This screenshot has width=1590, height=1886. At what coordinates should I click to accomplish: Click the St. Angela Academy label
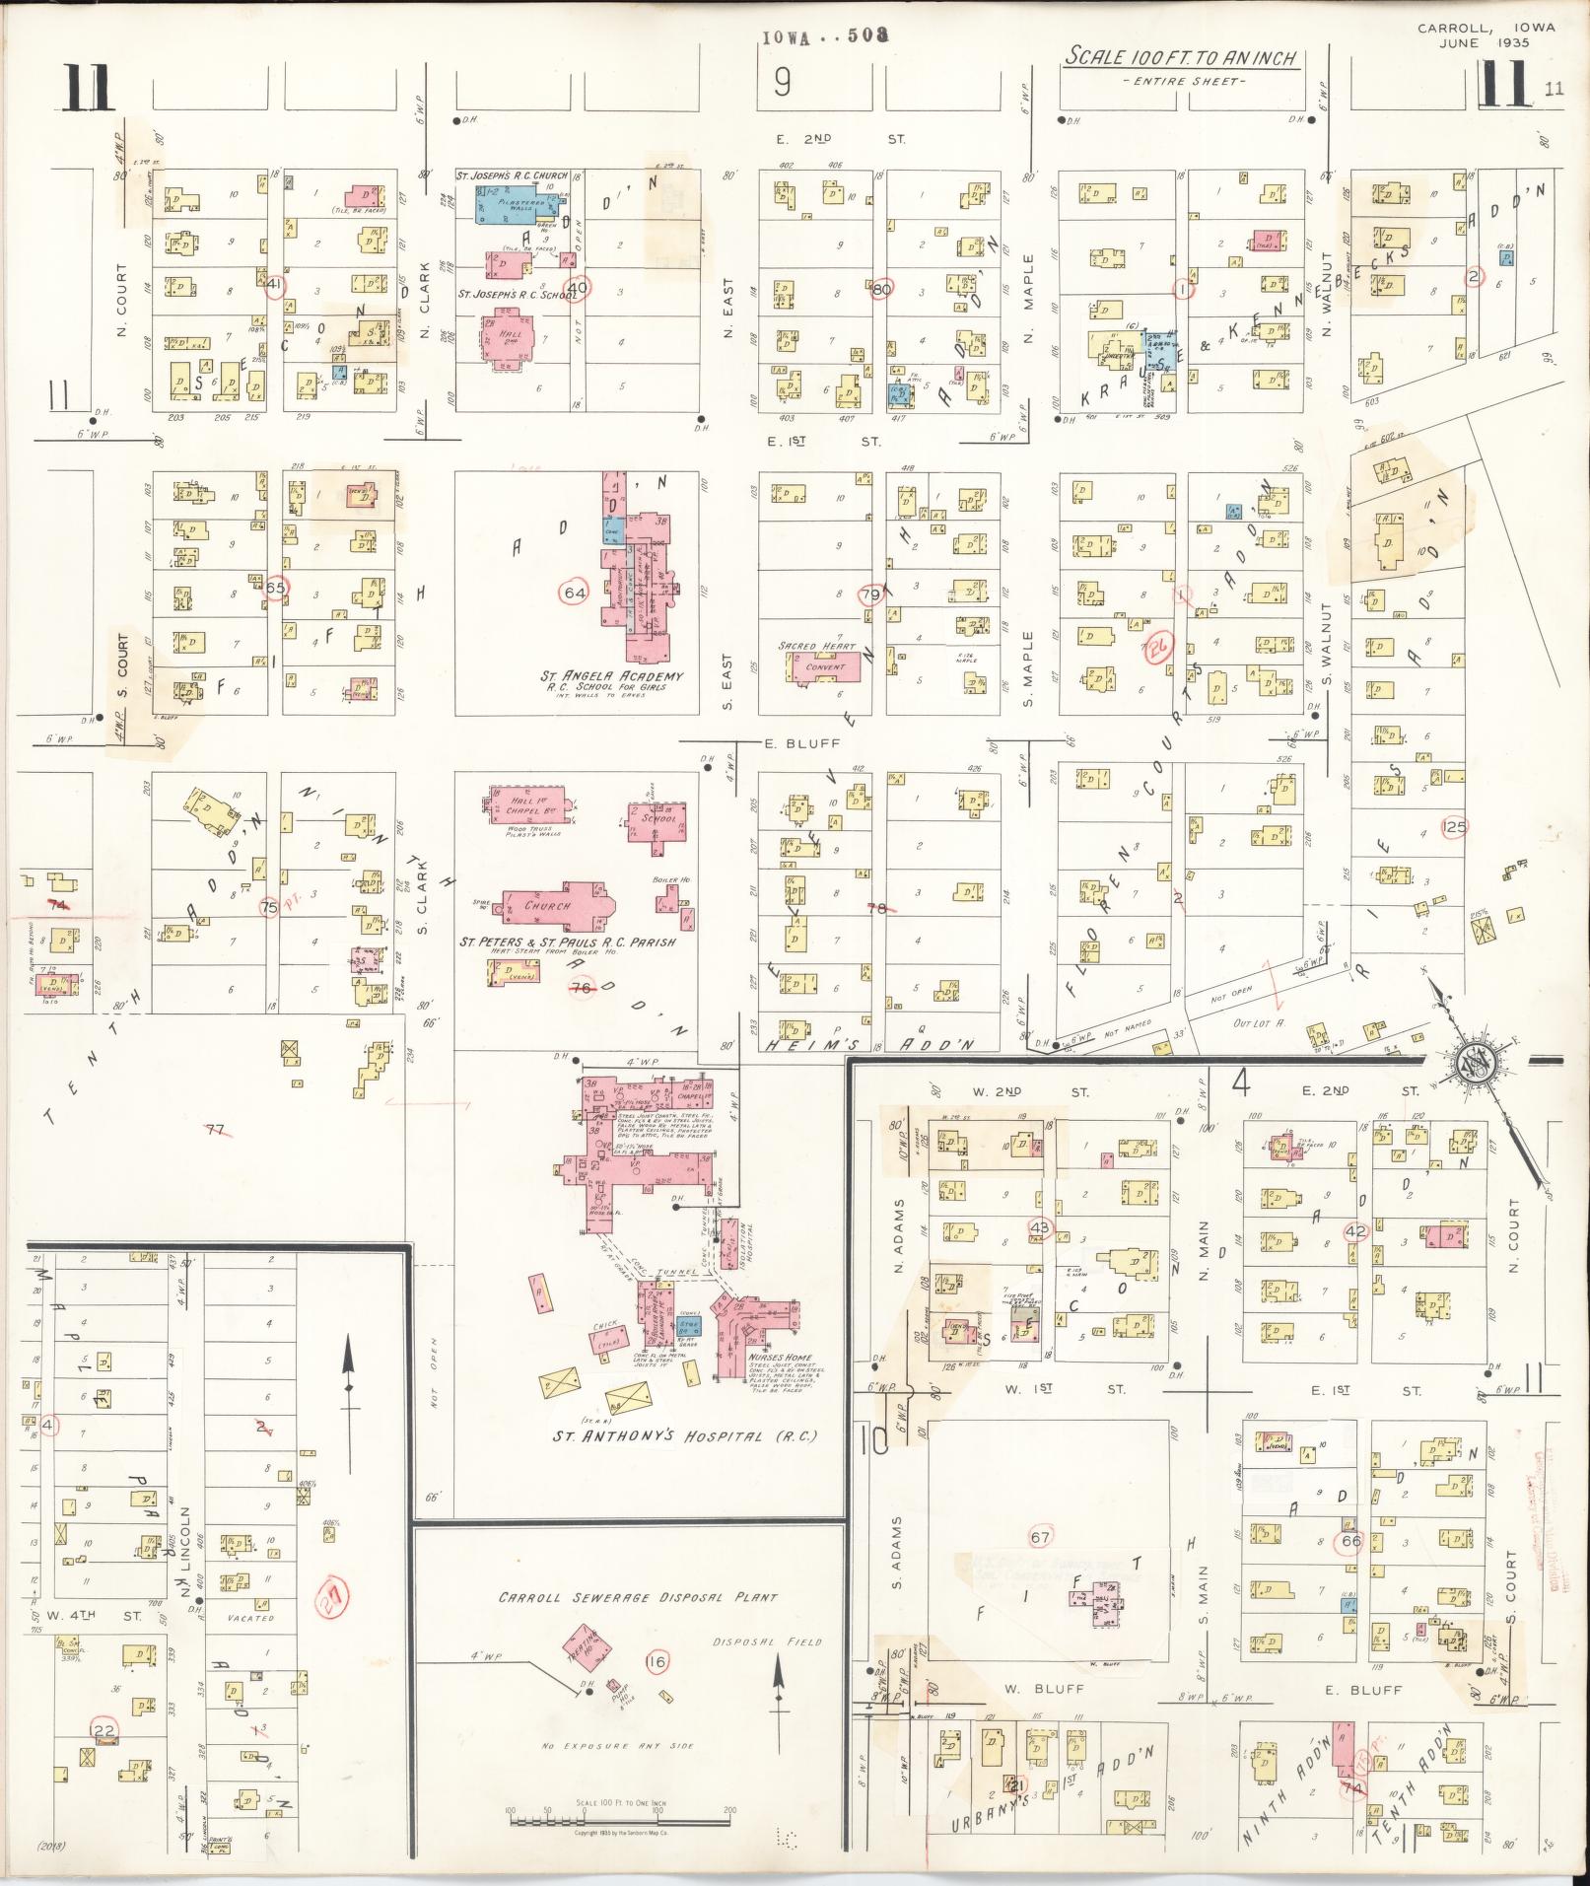point(611,676)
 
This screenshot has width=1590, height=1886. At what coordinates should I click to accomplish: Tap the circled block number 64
point(574,592)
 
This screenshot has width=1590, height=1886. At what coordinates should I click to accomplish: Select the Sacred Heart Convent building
point(825,666)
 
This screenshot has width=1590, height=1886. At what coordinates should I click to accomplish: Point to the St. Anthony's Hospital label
point(686,1435)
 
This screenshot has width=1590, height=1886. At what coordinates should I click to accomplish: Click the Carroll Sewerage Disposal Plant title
point(638,1597)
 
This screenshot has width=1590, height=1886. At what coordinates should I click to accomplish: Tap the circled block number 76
point(581,987)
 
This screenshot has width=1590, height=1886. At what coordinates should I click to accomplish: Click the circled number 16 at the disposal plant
point(656,1662)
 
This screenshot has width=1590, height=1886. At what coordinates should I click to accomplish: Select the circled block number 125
point(1454,826)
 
